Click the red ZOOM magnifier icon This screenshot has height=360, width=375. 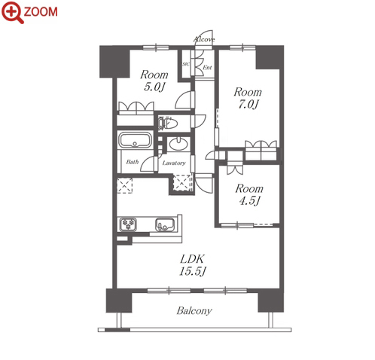coord(13,12)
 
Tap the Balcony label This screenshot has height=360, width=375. coord(194,311)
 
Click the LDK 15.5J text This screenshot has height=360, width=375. coord(193,265)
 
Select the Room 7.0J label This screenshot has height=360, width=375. coord(248,98)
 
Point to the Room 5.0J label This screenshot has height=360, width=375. coord(154,81)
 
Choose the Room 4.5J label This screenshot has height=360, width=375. coord(249,194)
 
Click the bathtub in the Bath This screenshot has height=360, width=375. coord(136,140)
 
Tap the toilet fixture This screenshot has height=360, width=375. coord(168,124)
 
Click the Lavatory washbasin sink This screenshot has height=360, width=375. coord(178,144)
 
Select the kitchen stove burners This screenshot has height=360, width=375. coord(128,224)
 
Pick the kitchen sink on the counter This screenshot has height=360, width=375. coord(165,224)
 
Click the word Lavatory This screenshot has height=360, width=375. coord(174,163)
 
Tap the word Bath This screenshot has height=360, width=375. coord(133,162)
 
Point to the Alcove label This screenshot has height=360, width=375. coord(204,39)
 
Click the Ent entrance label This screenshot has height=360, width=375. coord(207,68)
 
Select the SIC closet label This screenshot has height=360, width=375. coord(185,64)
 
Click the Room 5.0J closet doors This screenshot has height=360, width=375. coord(136,106)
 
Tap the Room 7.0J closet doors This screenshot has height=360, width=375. coord(261,145)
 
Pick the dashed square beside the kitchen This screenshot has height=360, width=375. coord(124,185)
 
